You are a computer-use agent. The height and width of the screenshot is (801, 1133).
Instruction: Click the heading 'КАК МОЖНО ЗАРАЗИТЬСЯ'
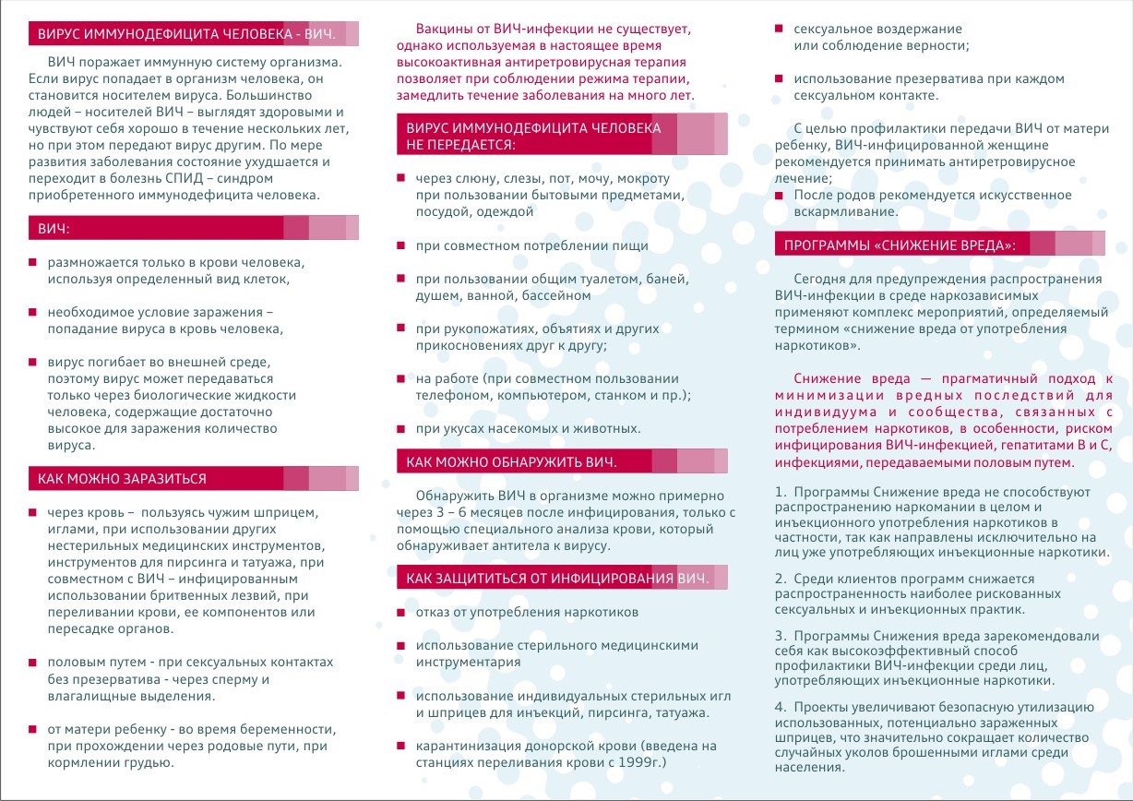pos(123,479)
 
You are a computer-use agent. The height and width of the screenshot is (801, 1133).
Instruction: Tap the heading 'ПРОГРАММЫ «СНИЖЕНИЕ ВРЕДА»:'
pos(900,245)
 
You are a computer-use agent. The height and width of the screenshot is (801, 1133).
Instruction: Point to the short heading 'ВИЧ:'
pos(54,227)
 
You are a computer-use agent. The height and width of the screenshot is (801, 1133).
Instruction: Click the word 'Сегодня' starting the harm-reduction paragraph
pos(821,279)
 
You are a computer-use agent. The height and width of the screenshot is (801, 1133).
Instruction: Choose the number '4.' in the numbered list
pos(781,707)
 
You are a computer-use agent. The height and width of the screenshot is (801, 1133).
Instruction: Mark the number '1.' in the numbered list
pos(781,492)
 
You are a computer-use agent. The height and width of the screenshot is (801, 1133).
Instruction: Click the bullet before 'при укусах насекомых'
pos(400,428)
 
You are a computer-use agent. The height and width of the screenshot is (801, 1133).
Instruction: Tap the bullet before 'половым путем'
pos(33,663)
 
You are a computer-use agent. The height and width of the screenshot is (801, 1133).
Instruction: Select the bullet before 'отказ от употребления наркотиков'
pos(400,613)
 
